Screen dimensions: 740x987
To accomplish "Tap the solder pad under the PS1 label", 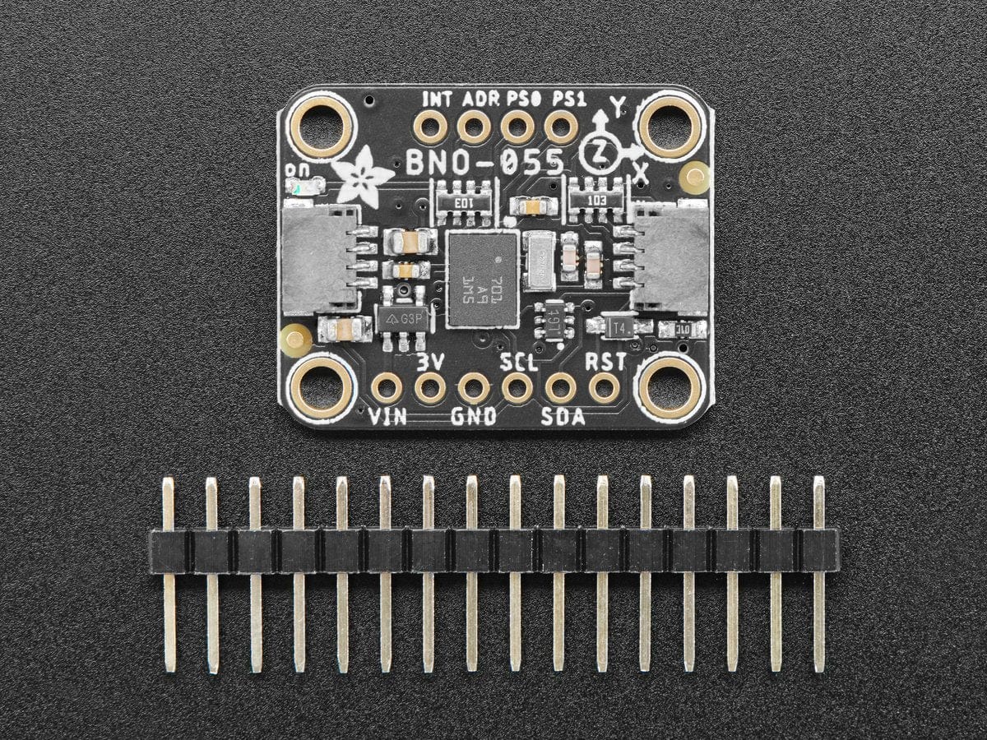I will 561,127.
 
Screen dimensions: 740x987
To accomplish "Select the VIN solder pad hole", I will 386,386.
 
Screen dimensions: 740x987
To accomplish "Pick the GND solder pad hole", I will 474,386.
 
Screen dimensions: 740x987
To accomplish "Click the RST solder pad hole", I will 605,386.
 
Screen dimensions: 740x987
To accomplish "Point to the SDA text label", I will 563,417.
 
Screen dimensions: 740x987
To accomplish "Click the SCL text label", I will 518,362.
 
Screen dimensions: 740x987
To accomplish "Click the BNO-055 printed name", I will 485,160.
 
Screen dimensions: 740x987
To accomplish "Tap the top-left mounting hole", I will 321,126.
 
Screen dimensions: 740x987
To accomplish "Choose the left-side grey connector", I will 321,261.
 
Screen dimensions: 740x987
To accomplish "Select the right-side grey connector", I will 670,261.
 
